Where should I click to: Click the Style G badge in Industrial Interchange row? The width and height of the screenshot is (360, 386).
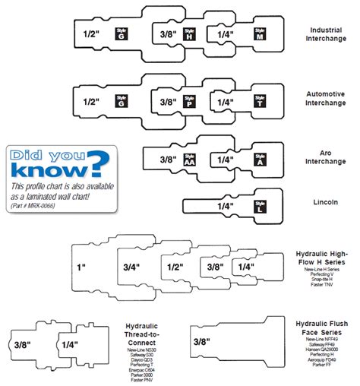[120, 33]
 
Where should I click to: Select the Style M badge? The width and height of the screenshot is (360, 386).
[261, 35]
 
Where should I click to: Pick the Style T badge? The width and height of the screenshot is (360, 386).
[261, 101]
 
